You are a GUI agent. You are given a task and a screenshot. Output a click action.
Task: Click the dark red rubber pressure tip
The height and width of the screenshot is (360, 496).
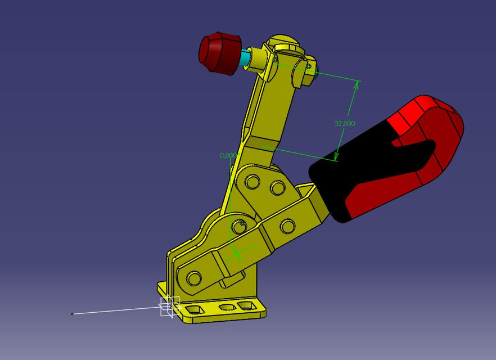[x=219, y=53]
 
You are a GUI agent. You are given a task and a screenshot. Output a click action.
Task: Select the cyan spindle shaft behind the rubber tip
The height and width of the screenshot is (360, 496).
[x=245, y=58]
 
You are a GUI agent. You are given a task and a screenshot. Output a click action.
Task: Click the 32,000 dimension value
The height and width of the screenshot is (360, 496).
[x=344, y=123]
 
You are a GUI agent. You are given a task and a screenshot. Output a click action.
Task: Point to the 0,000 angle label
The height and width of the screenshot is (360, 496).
[x=229, y=155]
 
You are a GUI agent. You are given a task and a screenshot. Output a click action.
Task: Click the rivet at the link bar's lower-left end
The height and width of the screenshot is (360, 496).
[x=194, y=278]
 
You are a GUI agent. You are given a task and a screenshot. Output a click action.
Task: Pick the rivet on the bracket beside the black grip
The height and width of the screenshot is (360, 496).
[x=287, y=227]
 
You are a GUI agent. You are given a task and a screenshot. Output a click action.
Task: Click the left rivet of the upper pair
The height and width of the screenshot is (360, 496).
[x=252, y=182]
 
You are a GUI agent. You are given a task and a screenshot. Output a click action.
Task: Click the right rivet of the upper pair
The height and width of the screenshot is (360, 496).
[x=277, y=187]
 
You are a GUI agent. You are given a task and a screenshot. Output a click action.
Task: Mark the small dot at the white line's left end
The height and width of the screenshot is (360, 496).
[x=73, y=314]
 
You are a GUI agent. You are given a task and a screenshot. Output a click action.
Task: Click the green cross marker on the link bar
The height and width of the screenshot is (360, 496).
[x=238, y=254]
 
